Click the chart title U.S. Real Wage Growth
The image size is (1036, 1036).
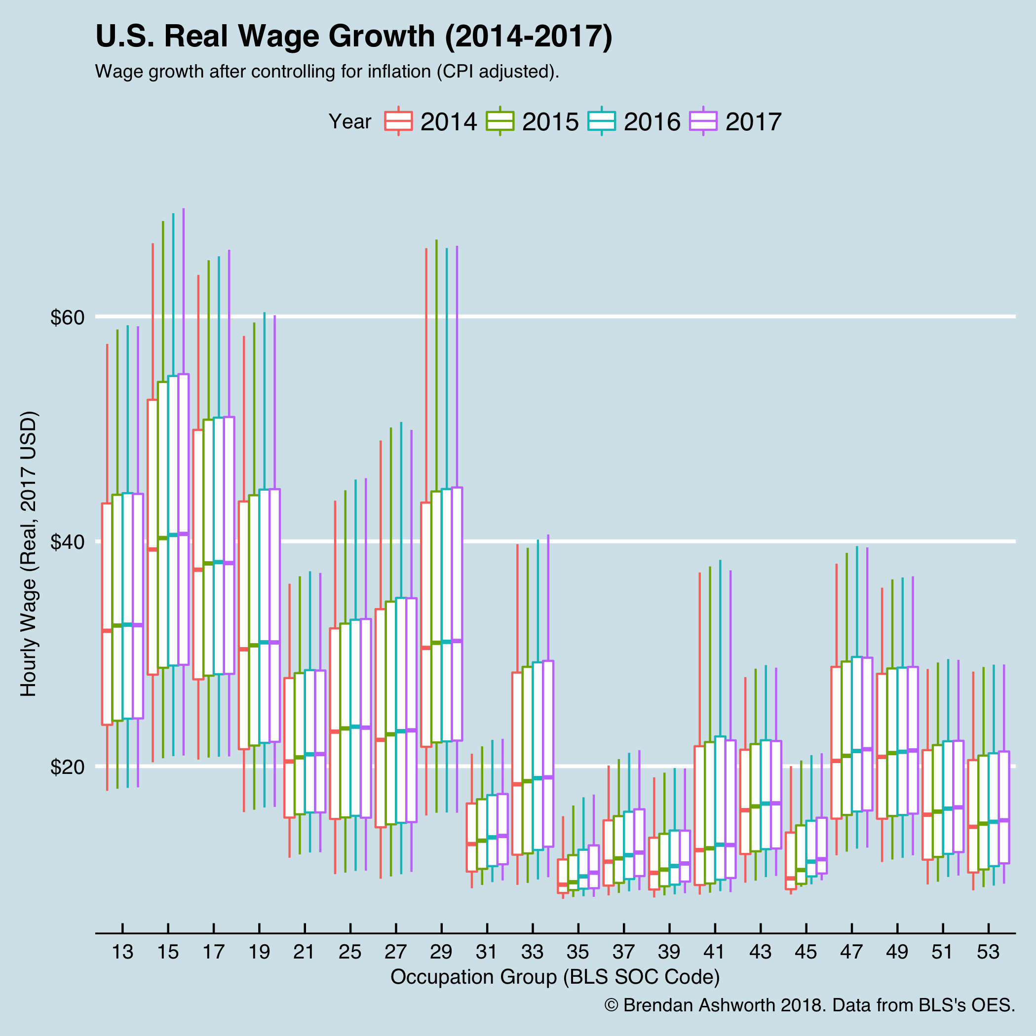point(353,38)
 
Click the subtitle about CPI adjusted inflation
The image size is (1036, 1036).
point(327,72)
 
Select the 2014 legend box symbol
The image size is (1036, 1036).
point(398,121)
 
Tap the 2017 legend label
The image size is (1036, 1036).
point(753,122)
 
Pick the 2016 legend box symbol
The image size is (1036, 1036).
point(602,121)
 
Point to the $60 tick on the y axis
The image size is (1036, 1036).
point(67,317)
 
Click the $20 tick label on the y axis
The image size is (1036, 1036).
point(67,767)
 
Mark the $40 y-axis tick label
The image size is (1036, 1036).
point(67,542)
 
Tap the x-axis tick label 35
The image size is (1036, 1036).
point(577,953)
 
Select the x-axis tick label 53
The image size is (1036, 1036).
point(988,953)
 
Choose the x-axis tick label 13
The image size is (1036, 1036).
point(122,953)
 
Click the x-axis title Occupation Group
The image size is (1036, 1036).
point(555,977)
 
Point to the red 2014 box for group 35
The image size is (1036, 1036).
point(563,875)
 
